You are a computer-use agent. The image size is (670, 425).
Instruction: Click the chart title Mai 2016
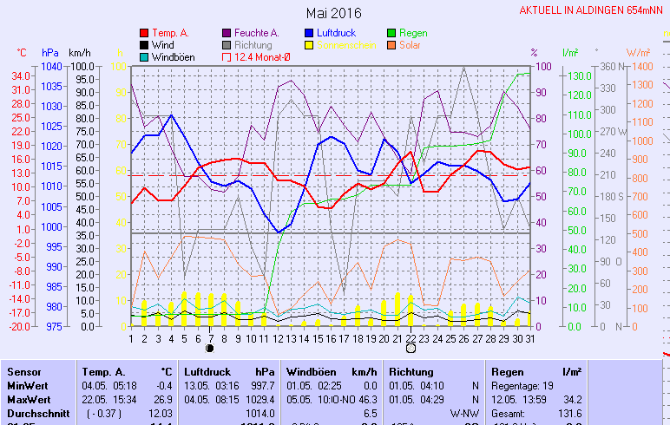(334, 13)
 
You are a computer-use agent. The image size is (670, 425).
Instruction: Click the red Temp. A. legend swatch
(143, 33)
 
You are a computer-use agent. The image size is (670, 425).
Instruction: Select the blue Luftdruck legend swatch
(310, 33)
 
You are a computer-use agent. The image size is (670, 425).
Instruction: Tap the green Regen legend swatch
(392, 33)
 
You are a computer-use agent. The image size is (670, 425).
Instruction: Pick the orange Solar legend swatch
(392, 45)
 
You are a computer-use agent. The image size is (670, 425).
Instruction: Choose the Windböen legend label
(173, 57)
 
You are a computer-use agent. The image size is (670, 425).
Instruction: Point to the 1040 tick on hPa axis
(51, 66)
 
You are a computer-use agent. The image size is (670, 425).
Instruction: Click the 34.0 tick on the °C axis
(22, 75)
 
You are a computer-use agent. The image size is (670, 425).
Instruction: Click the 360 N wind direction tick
(605, 66)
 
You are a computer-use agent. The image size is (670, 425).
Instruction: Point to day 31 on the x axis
(530, 338)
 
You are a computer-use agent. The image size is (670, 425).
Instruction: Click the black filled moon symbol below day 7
(209, 349)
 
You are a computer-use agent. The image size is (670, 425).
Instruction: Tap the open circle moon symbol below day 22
(411, 349)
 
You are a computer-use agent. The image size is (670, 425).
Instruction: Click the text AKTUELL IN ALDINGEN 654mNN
(593, 10)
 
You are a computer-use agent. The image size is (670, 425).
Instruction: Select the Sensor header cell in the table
(23, 371)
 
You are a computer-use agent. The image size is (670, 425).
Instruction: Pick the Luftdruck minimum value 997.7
(262, 385)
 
